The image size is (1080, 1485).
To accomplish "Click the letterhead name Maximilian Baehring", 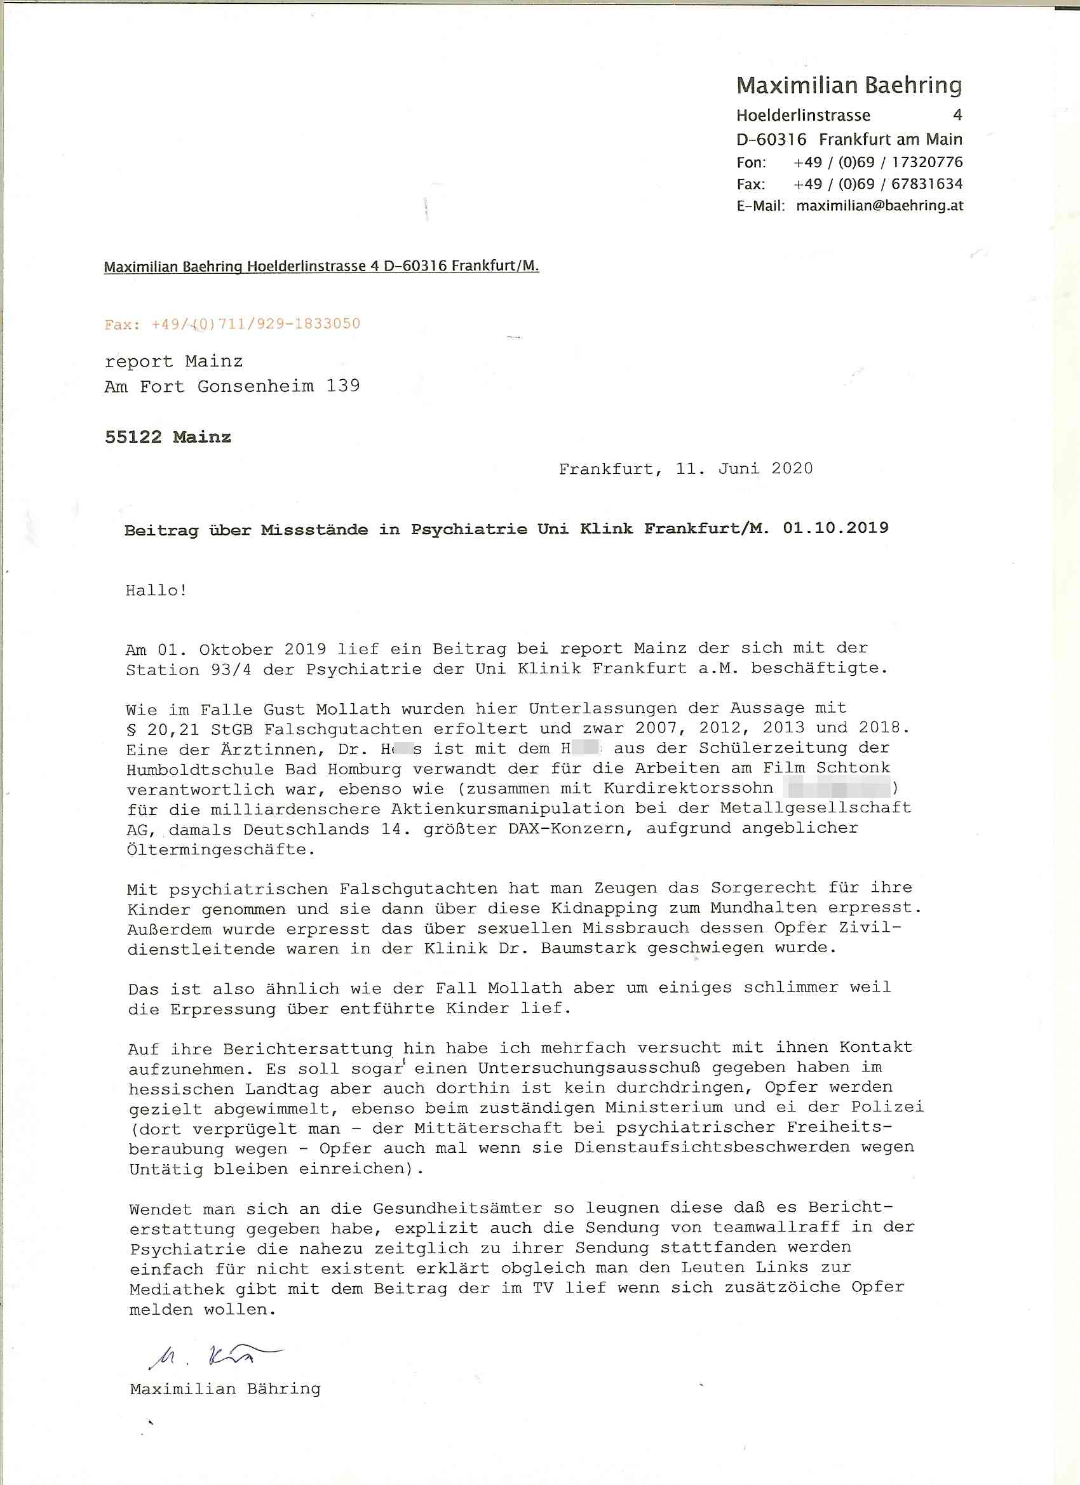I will [x=849, y=85].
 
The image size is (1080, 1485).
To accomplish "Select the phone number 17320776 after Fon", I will [x=927, y=163].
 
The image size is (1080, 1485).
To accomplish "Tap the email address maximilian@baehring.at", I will [x=880, y=206].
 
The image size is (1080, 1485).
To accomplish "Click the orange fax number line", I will [x=233, y=323].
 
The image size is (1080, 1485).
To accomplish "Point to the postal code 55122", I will [x=133, y=437].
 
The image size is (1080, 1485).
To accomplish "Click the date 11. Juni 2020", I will [x=744, y=469].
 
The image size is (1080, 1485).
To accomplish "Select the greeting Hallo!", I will [x=156, y=590].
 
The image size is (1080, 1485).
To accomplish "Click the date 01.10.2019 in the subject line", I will [x=835, y=528].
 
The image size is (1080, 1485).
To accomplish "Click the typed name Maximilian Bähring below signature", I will [x=226, y=1388].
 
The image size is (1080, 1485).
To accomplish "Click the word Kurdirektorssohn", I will [x=689, y=788].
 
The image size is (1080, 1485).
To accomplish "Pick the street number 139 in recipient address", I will [x=343, y=386].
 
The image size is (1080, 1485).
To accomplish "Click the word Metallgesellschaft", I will [x=816, y=808].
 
